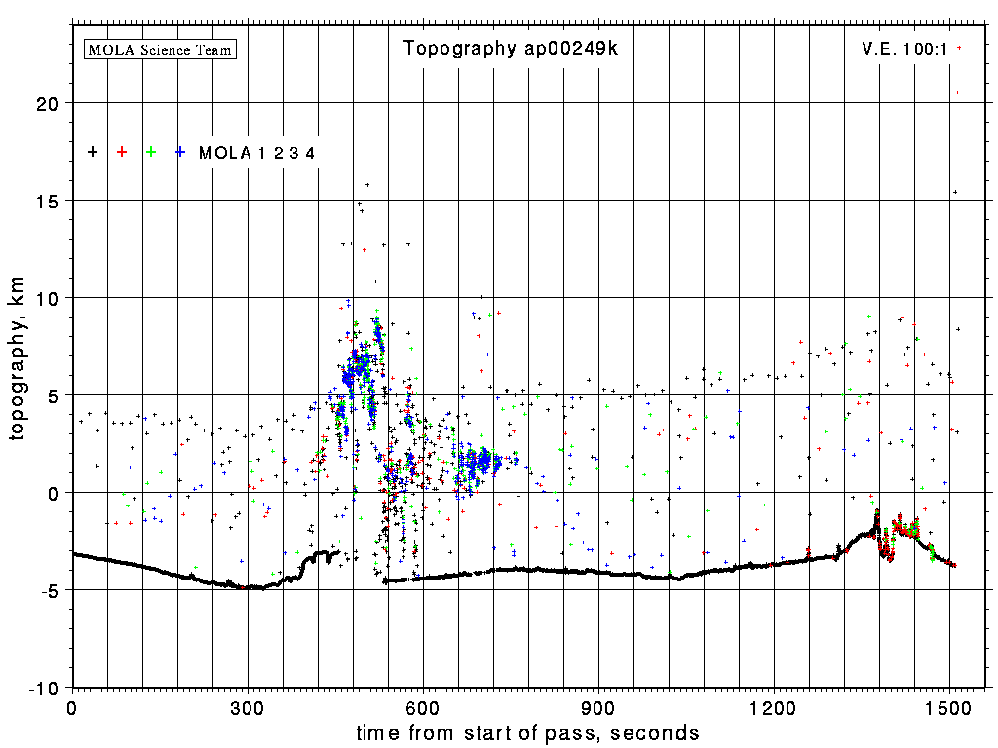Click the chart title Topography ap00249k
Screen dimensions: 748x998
510,49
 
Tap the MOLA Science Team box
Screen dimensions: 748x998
161,49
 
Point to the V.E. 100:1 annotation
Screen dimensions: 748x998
904,48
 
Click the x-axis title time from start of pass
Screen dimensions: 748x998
527,732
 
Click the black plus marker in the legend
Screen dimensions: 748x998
93,152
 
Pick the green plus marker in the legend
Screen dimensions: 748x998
151,152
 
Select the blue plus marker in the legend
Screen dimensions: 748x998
180,152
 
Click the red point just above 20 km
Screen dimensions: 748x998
957,93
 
